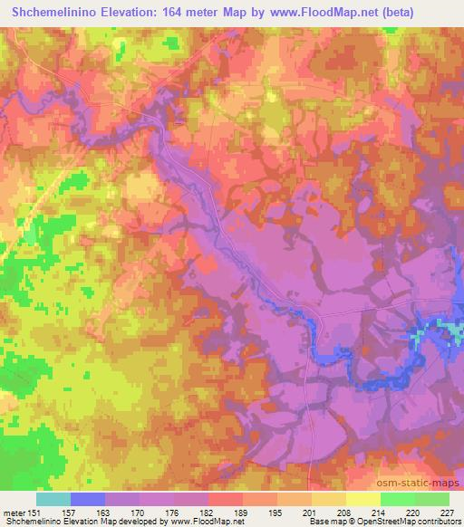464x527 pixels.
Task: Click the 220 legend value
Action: pyautogui.click(x=413, y=512)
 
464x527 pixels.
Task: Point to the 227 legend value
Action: pyautogui.click(x=448, y=512)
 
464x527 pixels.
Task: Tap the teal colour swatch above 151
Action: pyautogui.click(x=53, y=499)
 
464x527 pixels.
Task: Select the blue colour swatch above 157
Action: pyautogui.click(x=88, y=499)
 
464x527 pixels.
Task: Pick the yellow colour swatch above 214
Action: pyautogui.click(x=363, y=499)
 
